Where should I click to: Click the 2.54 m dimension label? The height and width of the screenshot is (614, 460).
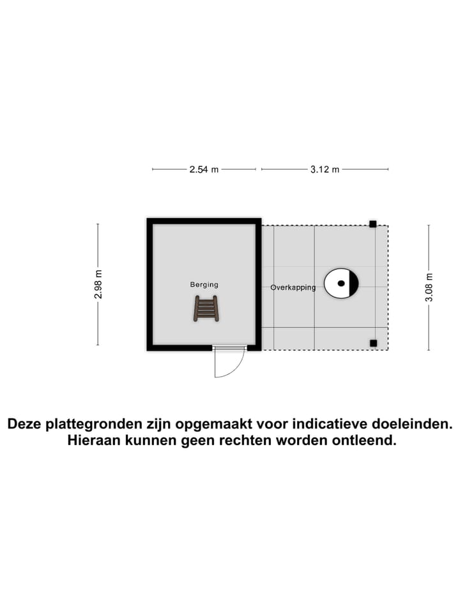204,169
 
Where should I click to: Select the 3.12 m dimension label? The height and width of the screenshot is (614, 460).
325,169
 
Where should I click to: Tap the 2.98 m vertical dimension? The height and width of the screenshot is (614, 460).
98,284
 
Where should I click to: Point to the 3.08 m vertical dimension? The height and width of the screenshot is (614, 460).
429,287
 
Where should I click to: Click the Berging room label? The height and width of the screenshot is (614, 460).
204,285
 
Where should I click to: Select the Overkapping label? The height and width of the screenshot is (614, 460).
293,287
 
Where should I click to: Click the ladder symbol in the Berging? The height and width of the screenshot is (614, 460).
206,308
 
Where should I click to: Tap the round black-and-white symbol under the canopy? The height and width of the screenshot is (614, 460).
341,283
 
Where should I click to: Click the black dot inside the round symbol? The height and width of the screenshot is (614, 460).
341,283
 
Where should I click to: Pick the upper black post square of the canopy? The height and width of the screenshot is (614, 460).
372,224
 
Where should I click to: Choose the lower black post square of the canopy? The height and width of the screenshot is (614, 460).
373,343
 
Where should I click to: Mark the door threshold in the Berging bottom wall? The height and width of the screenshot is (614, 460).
230,347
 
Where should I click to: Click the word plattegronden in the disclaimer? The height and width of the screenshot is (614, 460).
108,424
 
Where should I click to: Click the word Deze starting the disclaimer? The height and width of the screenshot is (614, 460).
25,424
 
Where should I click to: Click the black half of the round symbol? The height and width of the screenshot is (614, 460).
354,283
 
